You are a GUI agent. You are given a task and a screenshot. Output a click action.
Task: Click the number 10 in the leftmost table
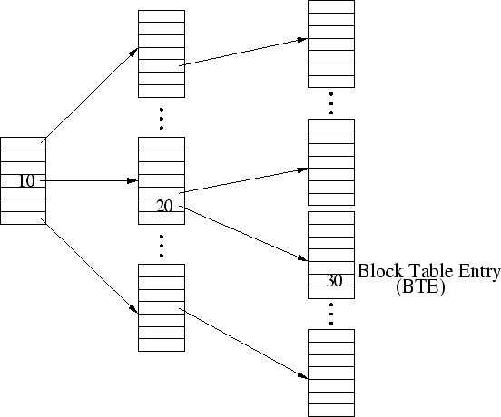pyautogui.click(x=27, y=181)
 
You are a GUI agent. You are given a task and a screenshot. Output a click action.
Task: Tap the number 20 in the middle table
pyautogui.click(x=164, y=206)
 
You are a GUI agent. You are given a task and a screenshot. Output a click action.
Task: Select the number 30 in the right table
pyautogui.click(x=335, y=280)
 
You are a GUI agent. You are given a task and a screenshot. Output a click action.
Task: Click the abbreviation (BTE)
pyautogui.click(x=420, y=286)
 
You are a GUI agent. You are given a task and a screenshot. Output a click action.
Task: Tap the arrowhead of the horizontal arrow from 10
pyautogui.click(x=133, y=181)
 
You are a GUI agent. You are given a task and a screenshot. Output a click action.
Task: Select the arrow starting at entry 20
pyautogui.click(x=243, y=234)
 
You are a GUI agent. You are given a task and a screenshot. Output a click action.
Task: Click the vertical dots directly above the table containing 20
pyautogui.click(x=162, y=119)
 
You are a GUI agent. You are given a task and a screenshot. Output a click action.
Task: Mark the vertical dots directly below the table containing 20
pyautogui.click(x=162, y=246)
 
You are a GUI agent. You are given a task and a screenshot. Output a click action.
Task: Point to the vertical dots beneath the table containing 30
pyautogui.click(x=331, y=315)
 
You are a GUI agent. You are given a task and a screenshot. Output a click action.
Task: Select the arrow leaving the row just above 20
pyautogui.click(x=243, y=180)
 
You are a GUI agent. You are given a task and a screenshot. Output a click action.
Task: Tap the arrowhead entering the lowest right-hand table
pyautogui.click(x=302, y=375)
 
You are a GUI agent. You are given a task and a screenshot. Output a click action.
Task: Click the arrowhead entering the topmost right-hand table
pyautogui.click(x=302, y=40)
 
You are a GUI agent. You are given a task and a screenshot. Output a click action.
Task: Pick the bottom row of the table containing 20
pyautogui.click(x=162, y=218)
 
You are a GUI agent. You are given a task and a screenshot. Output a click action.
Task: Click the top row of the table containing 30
pyautogui.click(x=331, y=218)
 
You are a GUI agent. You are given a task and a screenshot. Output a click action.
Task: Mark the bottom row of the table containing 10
pyautogui.click(x=23, y=218)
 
